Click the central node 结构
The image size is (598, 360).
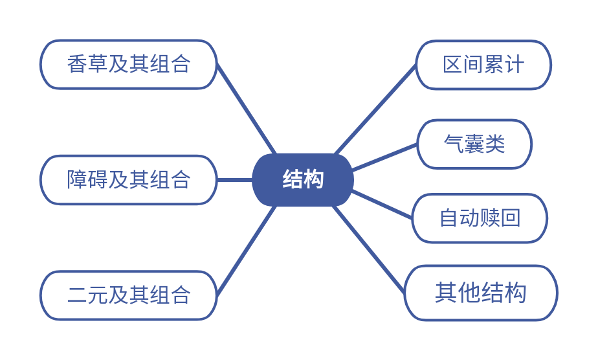pyautogui.click(x=302, y=179)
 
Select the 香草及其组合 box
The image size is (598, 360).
pyautogui.click(x=128, y=64)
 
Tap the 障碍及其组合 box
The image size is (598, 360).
pyautogui.click(x=128, y=179)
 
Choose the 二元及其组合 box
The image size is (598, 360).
pyautogui.click(x=128, y=295)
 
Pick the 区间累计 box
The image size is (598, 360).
pyautogui.click(x=483, y=65)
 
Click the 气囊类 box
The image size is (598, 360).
pyautogui.click(x=474, y=144)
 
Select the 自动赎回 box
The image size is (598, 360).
pyautogui.click(x=480, y=218)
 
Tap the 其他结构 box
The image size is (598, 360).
pyautogui.click(x=480, y=293)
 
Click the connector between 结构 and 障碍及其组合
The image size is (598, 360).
pyautogui.click(x=234, y=179)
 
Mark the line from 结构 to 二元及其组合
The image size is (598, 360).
pyautogui.click(x=247, y=251)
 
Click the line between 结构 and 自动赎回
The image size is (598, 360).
pyautogui.click(x=382, y=205)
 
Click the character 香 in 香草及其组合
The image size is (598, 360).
pyautogui.click(x=77, y=64)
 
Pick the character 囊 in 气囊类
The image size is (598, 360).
pyautogui.click(x=474, y=144)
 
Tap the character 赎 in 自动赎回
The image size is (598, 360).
pyautogui.click(x=490, y=218)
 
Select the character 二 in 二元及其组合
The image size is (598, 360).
pyautogui.click(x=77, y=295)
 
